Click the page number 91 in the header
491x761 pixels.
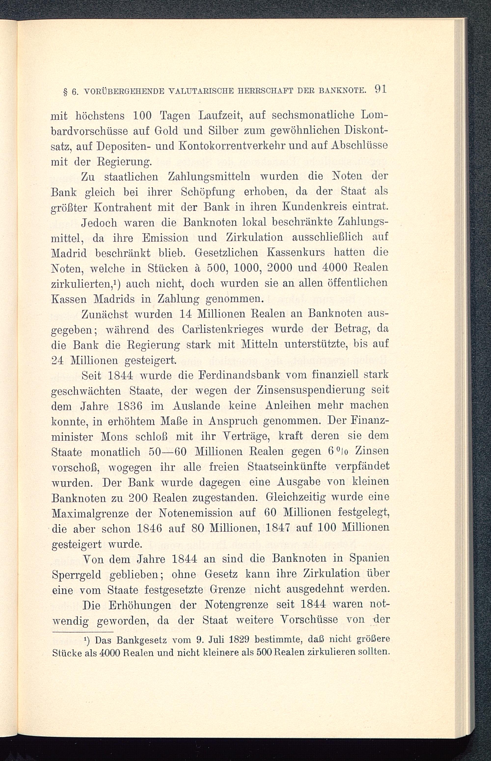click(381, 89)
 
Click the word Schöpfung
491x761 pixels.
click(208, 192)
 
